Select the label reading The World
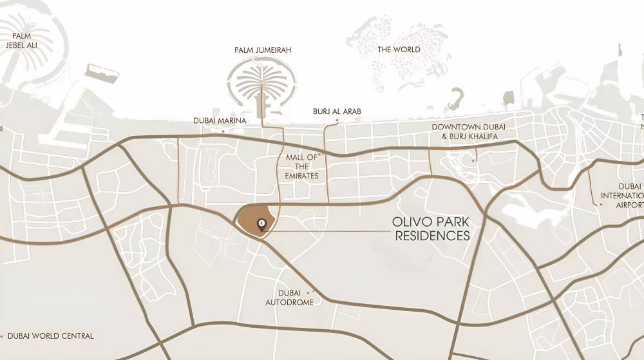pyautogui.click(x=399, y=50)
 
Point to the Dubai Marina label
pyautogui.click(x=220, y=120)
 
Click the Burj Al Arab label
pyautogui.click(x=337, y=111)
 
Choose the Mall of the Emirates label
pyautogui.click(x=302, y=166)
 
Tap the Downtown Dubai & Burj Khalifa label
pyautogui.click(x=464, y=132)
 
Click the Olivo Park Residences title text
pyautogui.click(x=431, y=229)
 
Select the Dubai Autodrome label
pyautogui.click(x=289, y=298)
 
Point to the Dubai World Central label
pyautogui.click(x=50, y=336)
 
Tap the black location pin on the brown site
pyautogui.click(x=261, y=224)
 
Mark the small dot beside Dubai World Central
pyautogui.click(x=2, y=336)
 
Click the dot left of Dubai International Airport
pyautogui.click(x=601, y=204)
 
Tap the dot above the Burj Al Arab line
pyautogui.click(x=337, y=120)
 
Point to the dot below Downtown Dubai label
pyautogui.click(x=473, y=160)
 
